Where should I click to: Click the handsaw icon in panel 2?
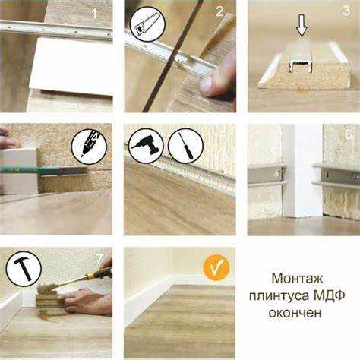pos(147,24)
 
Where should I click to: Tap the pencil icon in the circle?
pos(89,147)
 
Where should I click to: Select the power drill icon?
pos(146,146)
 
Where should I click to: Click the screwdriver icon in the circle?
pos(185,146)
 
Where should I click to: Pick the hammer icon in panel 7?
pos(24,269)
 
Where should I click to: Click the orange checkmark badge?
pos(216,268)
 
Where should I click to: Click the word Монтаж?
pos(297,279)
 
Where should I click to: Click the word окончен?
pos(295,313)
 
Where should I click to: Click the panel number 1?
pos(94,14)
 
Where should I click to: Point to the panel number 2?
pos(219,11)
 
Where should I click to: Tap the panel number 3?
pos(346,11)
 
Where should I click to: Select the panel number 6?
pos(349,135)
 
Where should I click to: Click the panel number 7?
pos(100,259)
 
